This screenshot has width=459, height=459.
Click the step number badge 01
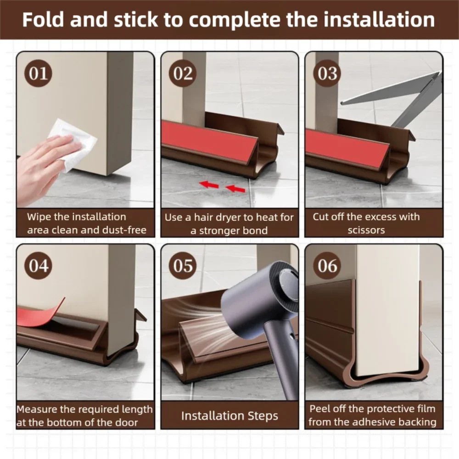(39, 74)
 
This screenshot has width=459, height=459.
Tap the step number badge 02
(183, 74)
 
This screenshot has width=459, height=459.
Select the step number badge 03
(327, 74)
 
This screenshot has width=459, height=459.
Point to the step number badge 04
(39, 266)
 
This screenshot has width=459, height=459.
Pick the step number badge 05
(183, 266)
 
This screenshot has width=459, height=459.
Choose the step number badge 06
(327, 266)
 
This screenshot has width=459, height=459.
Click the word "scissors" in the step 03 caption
(366, 230)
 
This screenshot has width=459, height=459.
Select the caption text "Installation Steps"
(229, 416)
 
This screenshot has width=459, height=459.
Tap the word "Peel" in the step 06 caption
(320, 409)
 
